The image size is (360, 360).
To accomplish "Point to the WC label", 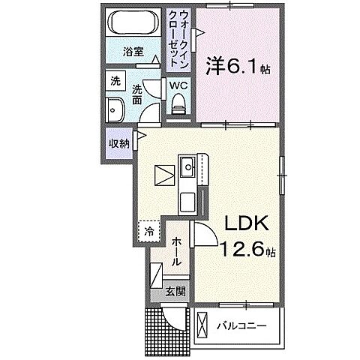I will point(178,86).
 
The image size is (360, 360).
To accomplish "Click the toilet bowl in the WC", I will point(178,107).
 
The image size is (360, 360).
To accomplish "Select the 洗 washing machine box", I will point(115,80).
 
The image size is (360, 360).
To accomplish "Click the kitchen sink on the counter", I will point(186,166).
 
